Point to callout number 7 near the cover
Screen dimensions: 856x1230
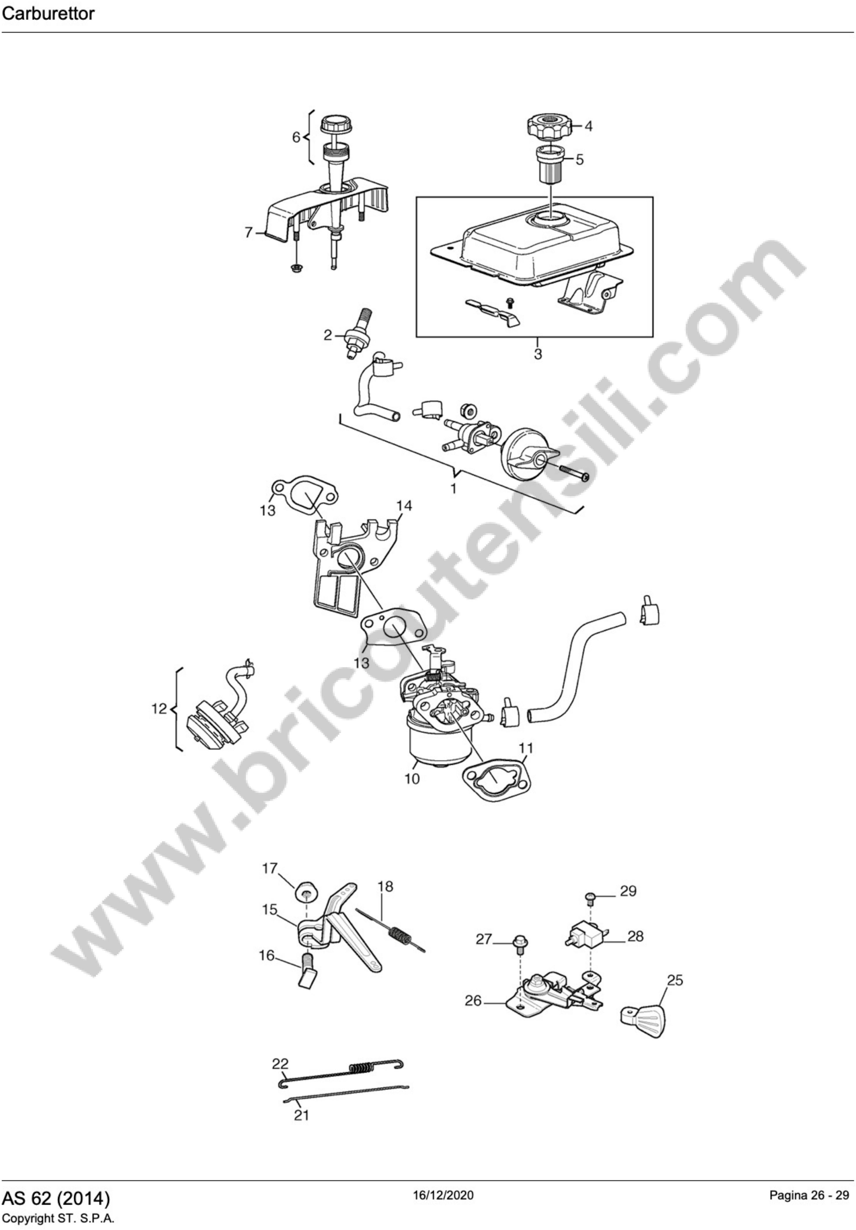coord(249,233)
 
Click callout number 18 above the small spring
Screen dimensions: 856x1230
coord(385,887)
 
